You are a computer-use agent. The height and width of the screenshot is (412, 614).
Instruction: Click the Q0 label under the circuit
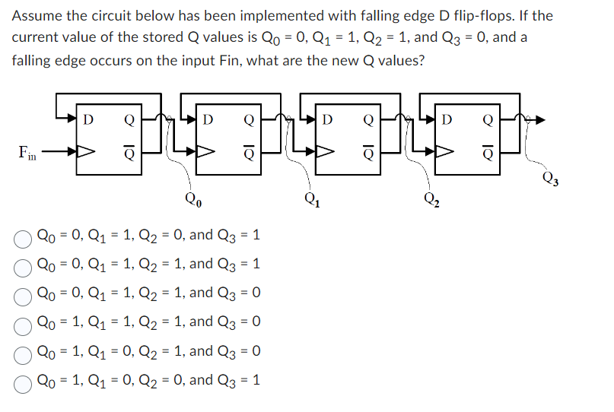point(192,201)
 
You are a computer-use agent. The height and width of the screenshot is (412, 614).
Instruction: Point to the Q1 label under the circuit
point(312,202)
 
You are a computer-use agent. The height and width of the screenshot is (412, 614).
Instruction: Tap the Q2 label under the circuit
point(431,202)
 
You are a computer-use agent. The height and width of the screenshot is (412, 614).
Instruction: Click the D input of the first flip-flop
point(89,119)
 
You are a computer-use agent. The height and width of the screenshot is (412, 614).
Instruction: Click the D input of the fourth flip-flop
point(447,119)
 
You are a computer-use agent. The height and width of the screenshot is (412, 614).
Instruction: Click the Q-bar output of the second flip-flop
point(248,152)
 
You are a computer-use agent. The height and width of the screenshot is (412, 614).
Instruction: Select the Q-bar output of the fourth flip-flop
point(487,152)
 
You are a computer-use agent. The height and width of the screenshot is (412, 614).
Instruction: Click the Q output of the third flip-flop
point(368,119)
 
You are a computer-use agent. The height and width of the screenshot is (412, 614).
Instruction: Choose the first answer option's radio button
point(24,236)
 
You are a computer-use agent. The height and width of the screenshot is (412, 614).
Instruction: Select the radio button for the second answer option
point(24,265)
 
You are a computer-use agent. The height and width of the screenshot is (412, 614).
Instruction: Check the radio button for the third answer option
point(24,294)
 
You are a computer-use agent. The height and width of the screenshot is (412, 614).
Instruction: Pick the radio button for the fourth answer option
point(24,323)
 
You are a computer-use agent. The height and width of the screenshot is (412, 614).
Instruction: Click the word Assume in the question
point(37,15)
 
